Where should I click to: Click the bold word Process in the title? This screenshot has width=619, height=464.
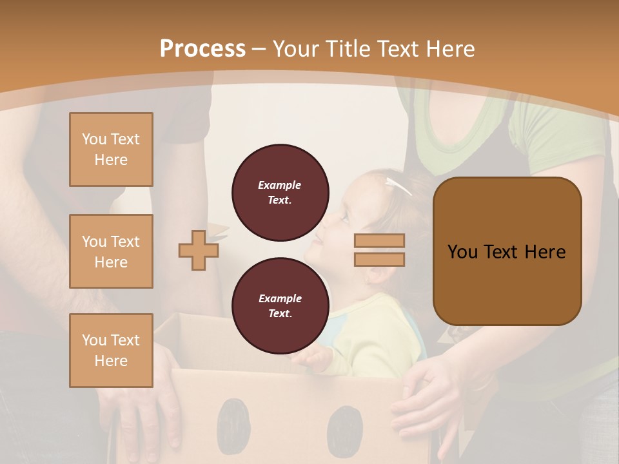202,49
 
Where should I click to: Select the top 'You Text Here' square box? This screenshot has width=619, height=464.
111,150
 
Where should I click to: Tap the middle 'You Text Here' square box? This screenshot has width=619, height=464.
111,251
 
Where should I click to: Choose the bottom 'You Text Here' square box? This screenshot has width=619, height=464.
111,351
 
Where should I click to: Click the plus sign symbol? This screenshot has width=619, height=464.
198,250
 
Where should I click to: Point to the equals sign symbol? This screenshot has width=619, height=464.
379,250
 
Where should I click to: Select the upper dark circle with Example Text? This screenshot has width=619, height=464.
280,193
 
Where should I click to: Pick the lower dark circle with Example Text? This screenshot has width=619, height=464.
280,306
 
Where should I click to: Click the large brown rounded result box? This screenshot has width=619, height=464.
507,251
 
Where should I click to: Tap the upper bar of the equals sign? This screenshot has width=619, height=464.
379,241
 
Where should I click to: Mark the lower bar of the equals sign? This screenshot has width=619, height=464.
379,259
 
